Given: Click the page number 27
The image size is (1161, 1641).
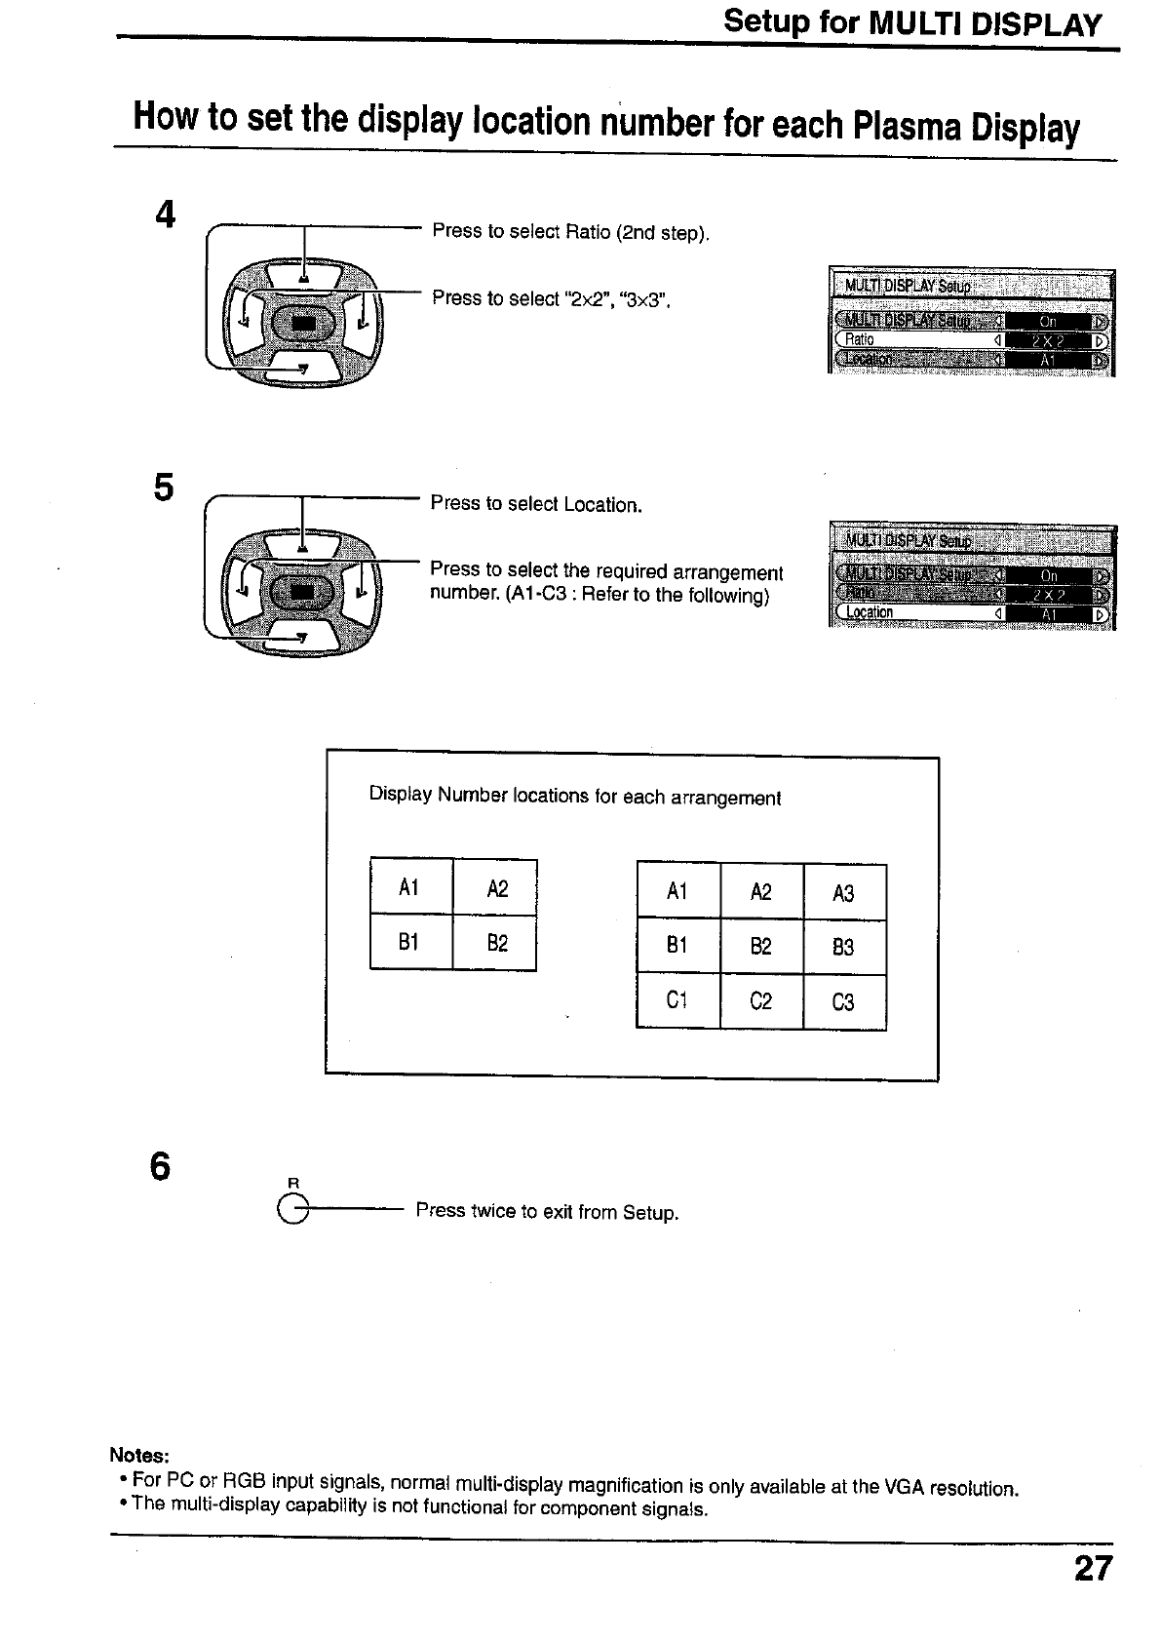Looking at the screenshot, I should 1093,1568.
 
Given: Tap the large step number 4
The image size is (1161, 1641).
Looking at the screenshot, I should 165,215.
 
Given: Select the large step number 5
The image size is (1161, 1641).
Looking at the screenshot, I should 164,487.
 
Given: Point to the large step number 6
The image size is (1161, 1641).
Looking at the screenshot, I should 161,1166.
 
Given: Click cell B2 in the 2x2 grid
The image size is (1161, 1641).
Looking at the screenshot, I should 495,943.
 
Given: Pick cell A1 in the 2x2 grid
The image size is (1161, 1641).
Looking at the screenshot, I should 410,887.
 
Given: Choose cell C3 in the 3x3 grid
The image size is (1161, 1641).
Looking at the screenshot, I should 844,1002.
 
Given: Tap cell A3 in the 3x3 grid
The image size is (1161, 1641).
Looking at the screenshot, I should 844,892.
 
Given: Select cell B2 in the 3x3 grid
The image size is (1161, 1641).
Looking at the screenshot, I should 761,947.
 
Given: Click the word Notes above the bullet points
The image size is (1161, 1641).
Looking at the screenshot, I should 139,1455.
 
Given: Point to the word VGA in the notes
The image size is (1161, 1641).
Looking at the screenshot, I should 904,1487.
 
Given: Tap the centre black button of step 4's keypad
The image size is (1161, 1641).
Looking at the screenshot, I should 303,323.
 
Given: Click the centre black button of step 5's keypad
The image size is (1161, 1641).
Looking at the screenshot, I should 303,592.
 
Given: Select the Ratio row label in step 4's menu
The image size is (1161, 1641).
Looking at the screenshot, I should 860,339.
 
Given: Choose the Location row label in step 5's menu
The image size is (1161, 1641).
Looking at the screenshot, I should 870,612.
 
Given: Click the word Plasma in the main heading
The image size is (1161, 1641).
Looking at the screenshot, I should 906,126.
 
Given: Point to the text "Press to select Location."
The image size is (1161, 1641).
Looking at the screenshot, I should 536,504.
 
